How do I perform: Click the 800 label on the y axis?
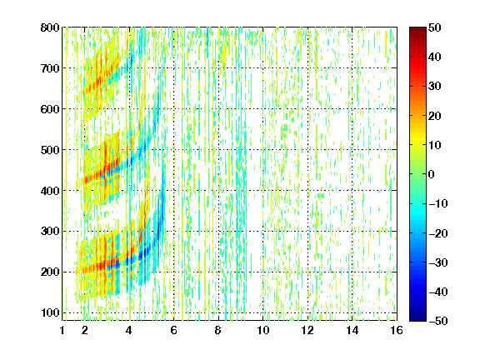(x=50, y=27)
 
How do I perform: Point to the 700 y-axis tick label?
(x=50, y=68)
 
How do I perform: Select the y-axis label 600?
(x=50, y=109)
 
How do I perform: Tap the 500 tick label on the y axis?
(x=50, y=150)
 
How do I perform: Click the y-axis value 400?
(x=50, y=191)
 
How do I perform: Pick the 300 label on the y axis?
(x=50, y=232)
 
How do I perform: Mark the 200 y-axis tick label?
(x=50, y=272)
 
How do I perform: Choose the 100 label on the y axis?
(x=50, y=312)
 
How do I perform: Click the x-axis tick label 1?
(x=62, y=330)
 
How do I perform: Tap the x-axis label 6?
(x=174, y=330)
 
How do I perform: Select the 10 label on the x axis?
(x=263, y=330)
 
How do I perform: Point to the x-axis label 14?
(x=352, y=330)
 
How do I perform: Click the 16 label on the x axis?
(x=397, y=330)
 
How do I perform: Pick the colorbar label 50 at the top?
(x=435, y=27)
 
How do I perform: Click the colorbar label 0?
(x=432, y=174)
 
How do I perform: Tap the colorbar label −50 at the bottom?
(x=438, y=321)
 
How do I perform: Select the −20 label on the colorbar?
(x=438, y=233)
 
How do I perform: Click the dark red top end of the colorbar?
(x=417, y=29)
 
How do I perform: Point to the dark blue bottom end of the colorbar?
(x=417, y=319)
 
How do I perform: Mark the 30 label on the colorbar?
(x=435, y=87)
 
